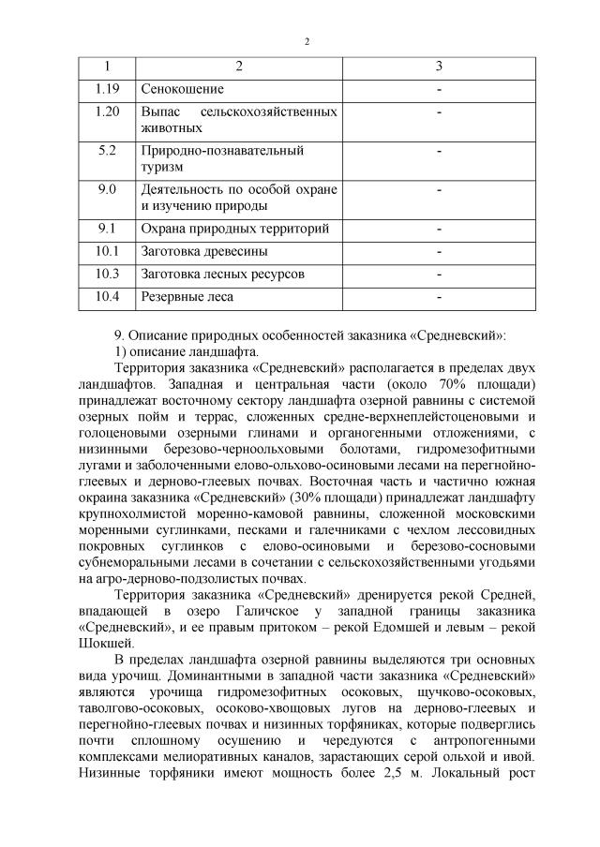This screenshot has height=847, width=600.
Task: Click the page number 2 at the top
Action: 307,41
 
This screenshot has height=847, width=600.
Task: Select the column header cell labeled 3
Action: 439,67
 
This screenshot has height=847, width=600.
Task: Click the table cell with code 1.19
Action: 106,89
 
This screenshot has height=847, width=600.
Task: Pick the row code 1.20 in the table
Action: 106,111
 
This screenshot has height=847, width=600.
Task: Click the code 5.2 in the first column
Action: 106,150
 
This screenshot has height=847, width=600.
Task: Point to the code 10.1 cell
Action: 106,251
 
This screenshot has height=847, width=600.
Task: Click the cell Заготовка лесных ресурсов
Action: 222,274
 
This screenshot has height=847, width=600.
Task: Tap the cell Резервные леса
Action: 187,297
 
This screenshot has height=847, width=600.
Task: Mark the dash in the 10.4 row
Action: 439,297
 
